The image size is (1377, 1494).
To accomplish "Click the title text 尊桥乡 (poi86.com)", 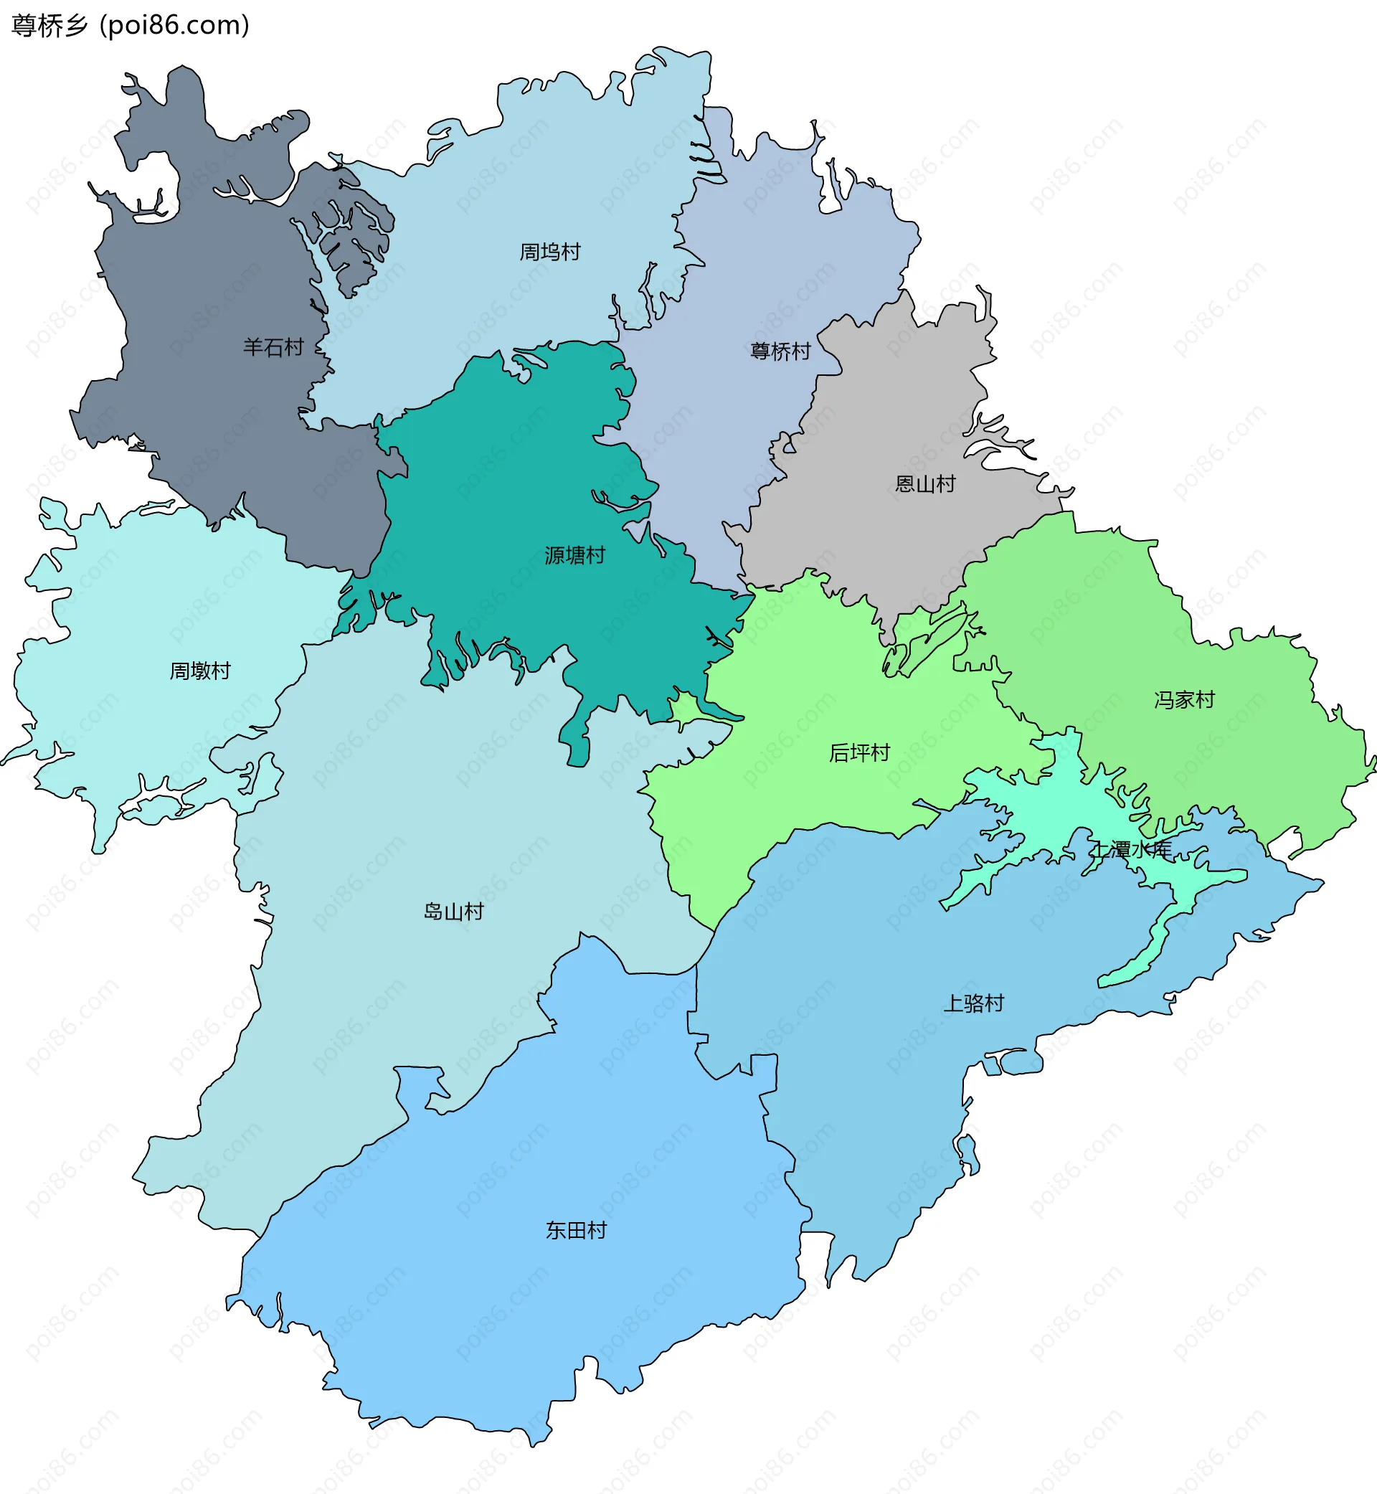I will pyautogui.click(x=131, y=25).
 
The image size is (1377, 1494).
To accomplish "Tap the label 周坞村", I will pyautogui.click(x=550, y=252).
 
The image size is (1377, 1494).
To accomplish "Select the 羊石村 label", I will pyautogui.click(x=273, y=347).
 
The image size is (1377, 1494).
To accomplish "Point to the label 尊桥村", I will pyautogui.click(x=780, y=351).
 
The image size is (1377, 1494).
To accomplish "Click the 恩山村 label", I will pyautogui.click(x=924, y=484).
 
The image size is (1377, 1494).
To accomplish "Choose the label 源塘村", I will pyautogui.click(x=574, y=555).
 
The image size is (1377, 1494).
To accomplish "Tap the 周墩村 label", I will pyautogui.click(x=199, y=671).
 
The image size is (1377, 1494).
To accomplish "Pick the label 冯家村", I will pyautogui.click(x=1184, y=700).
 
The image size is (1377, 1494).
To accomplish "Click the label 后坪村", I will pyautogui.click(x=859, y=752).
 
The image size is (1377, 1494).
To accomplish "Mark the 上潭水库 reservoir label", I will pyautogui.click(x=1130, y=849).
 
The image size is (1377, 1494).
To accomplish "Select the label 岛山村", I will pyautogui.click(x=453, y=912).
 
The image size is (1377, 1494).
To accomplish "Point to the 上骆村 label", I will pyautogui.click(x=973, y=1003).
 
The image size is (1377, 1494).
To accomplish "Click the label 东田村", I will pyautogui.click(x=576, y=1229).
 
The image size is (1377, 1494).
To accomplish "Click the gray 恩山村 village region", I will pyautogui.click(x=894, y=402).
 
